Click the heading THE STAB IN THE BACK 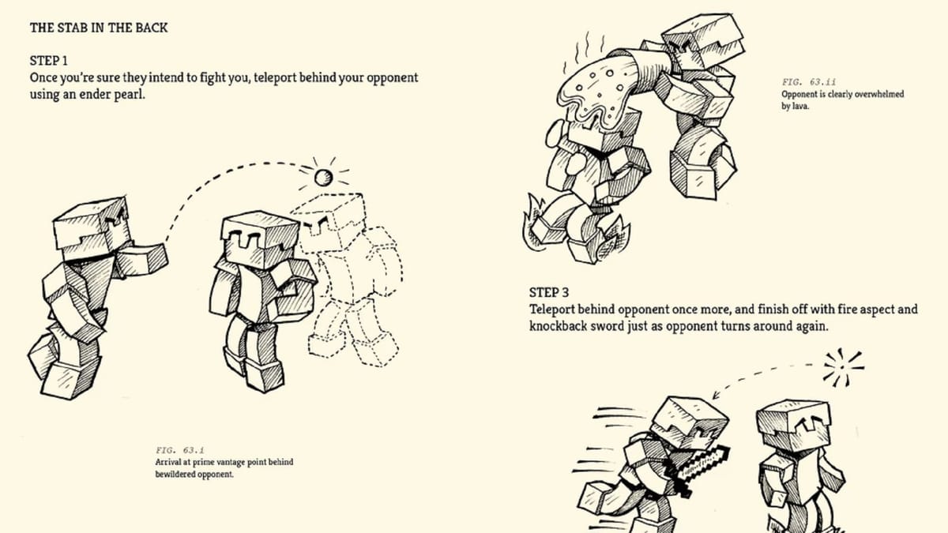pos(99,28)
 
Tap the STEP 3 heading pos(550,292)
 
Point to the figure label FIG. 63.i pos(180,450)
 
